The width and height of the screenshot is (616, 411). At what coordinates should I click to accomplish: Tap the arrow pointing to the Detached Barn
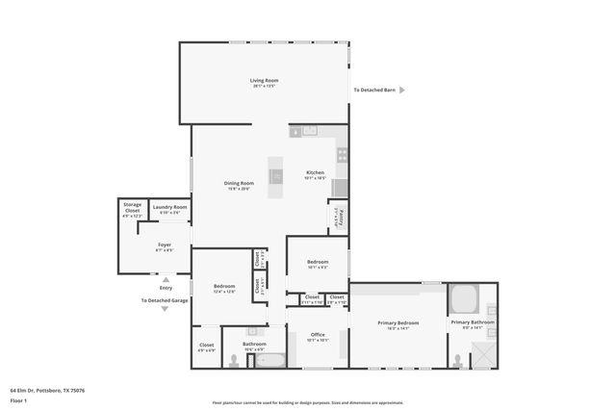click(x=402, y=90)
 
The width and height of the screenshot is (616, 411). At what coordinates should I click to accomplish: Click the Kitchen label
click(x=316, y=172)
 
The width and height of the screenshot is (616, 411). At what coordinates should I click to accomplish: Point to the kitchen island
click(x=276, y=177)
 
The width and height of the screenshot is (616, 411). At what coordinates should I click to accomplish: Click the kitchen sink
click(x=309, y=131)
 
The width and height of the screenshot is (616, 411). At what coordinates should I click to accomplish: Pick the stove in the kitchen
click(x=342, y=152)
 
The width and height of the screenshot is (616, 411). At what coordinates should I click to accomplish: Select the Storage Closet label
click(x=132, y=210)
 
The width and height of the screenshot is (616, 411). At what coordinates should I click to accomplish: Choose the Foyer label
click(x=165, y=245)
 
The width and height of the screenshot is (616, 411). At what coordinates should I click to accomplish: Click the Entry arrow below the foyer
click(x=166, y=279)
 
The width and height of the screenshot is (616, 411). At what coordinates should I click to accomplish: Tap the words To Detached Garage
click(x=165, y=300)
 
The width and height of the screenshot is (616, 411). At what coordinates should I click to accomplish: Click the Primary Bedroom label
click(x=398, y=322)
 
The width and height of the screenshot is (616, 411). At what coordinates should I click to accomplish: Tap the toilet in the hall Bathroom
click(x=237, y=360)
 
